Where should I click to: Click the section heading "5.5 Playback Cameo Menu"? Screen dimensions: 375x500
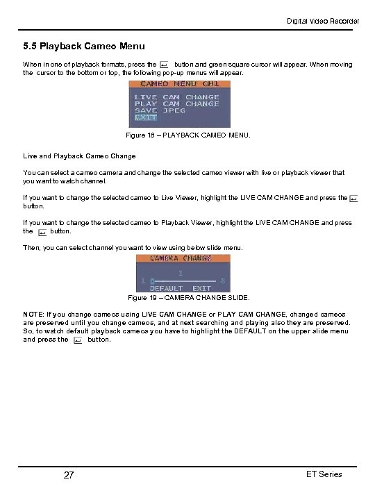(x=84, y=47)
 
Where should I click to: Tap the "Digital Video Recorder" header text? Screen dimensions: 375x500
(x=324, y=22)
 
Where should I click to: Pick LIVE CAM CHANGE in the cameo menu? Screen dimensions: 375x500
(x=176, y=97)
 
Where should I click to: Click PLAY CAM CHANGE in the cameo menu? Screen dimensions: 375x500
(x=176, y=104)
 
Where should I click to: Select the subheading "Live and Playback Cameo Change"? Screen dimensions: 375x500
(x=79, y=156)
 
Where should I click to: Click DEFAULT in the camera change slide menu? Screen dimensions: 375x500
(x=166, y=288)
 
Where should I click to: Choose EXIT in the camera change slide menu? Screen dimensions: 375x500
(x=202, y=288)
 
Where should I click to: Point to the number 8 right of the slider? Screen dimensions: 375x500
(x=222, y=281)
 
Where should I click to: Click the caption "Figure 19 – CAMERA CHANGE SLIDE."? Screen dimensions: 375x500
(x=189, y=298)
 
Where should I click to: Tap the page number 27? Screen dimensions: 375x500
(x=69, y=476)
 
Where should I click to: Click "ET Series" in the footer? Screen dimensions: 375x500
(x=324, y=474)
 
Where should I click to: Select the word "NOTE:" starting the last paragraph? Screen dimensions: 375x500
(x=35, y=315)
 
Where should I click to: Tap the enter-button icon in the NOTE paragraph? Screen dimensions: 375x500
(x=78, y=340)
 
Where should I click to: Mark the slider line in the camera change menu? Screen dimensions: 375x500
(x=185, y=281)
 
